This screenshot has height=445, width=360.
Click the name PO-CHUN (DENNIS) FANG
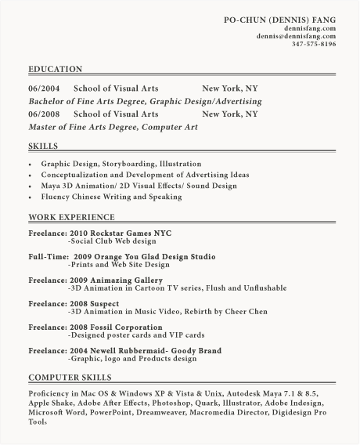[279, 19]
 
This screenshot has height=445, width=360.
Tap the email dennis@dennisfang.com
[296, 36]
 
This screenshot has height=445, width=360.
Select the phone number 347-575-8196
[313, 44]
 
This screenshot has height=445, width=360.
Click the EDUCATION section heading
[55, 70]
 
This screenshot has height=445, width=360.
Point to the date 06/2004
[44, 89]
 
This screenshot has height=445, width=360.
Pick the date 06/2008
[44, 114]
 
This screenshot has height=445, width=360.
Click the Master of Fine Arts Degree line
[113, 126]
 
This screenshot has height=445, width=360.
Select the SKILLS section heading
[43, 147]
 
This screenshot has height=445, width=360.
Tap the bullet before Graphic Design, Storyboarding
[31, 165]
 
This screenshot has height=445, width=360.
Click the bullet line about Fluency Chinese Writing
[111, 197]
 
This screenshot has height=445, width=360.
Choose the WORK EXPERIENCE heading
[71, 217]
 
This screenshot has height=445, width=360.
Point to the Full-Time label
[47, 257]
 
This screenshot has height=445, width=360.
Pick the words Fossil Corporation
[126, 327]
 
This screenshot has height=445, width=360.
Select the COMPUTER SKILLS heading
[70, 378]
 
